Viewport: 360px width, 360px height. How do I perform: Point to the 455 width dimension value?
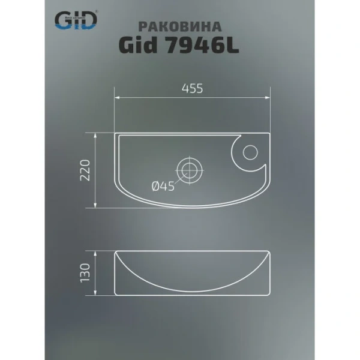tap(192, 88)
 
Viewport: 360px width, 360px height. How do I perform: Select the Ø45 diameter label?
tap(163, 187)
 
